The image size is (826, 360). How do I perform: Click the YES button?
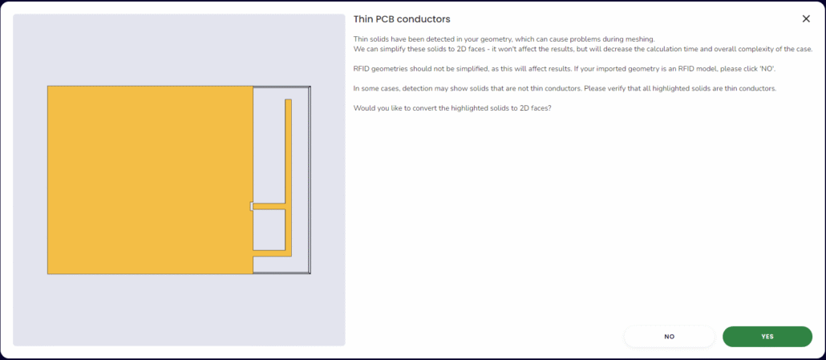[x=767, y=336]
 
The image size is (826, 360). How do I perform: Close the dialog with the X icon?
[x=806, y=19]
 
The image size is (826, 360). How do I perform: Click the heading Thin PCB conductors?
[x=402, y=19]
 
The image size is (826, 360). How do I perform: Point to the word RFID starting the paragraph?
[x=362, y=69]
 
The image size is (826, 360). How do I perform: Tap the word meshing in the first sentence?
[x=640, y=39]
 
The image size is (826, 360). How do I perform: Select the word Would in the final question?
[x=363, y=108]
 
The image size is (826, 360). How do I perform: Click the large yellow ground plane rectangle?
[x=150, y=180]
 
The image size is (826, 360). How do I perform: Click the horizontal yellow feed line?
[x=269, y=206]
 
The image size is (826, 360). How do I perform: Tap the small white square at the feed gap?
[x=251, y=206]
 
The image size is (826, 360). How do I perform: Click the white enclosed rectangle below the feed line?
[x=269, y=230]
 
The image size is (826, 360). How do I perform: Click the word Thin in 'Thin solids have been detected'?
[x=360, y=39]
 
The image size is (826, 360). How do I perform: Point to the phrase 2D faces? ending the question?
[x=536, y=108]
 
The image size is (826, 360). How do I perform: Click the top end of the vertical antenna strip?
[x=288, y=99]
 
